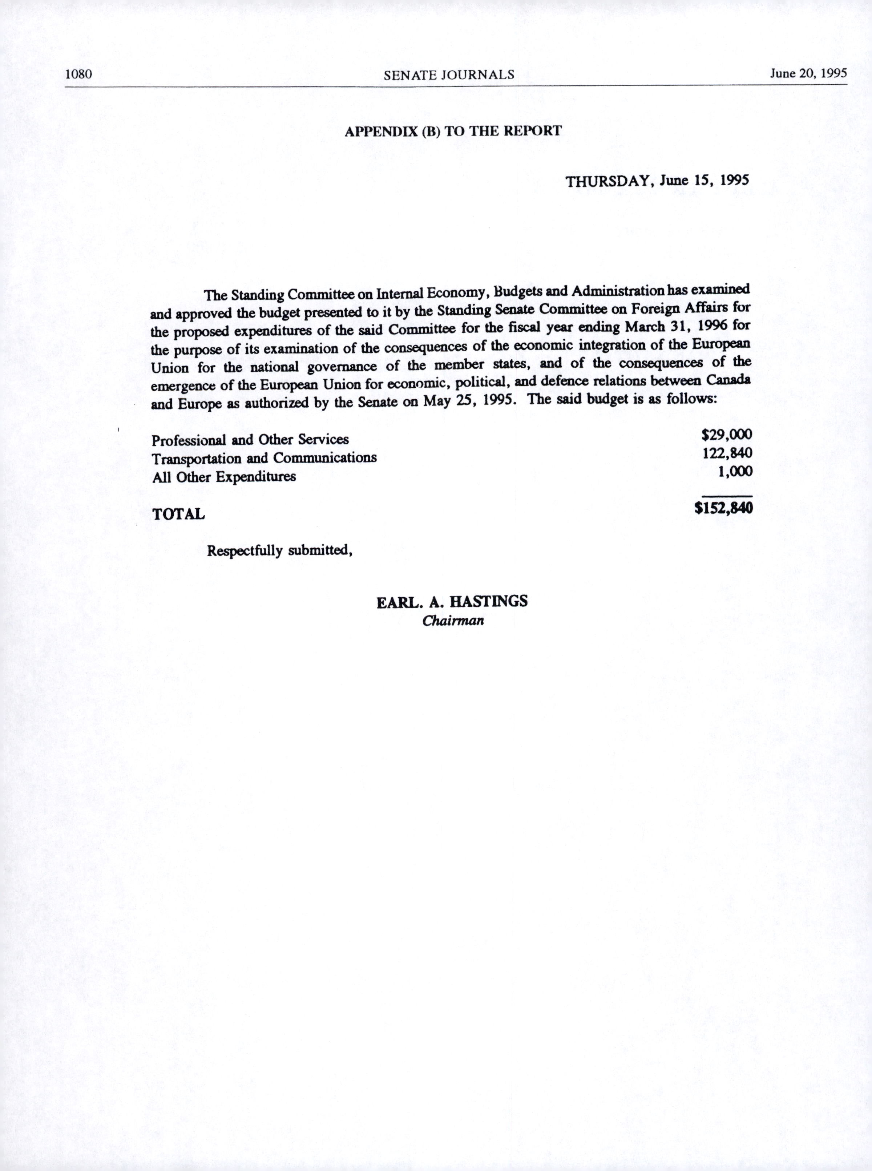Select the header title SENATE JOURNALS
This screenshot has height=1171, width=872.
(x=449, y=75)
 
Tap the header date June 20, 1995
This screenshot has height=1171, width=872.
(x=808, y=73)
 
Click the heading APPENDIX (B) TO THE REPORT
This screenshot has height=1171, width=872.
(x=453, y=132)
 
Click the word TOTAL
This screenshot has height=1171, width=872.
(x=178, y=514)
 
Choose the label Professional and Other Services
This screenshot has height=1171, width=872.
(x=250, y=440)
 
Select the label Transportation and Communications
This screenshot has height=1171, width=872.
(x=265, y=458)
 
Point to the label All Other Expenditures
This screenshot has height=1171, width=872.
(x=224, y=477)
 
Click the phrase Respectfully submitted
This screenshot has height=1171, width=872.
(x=279, y=551)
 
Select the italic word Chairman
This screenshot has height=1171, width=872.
(x=453, y=621)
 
